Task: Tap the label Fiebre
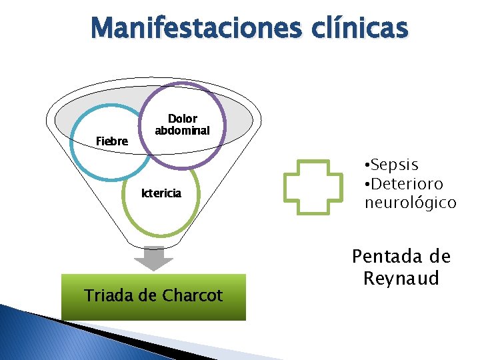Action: (112, 141)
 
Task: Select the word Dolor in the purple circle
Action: (182, 119)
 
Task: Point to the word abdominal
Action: (182, 131)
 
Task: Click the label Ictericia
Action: (160, 193)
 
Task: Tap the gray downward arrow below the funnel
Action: (154, 259)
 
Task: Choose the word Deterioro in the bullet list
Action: (408, 184)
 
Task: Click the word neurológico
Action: (410, 203)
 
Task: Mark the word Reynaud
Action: (401, 278)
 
